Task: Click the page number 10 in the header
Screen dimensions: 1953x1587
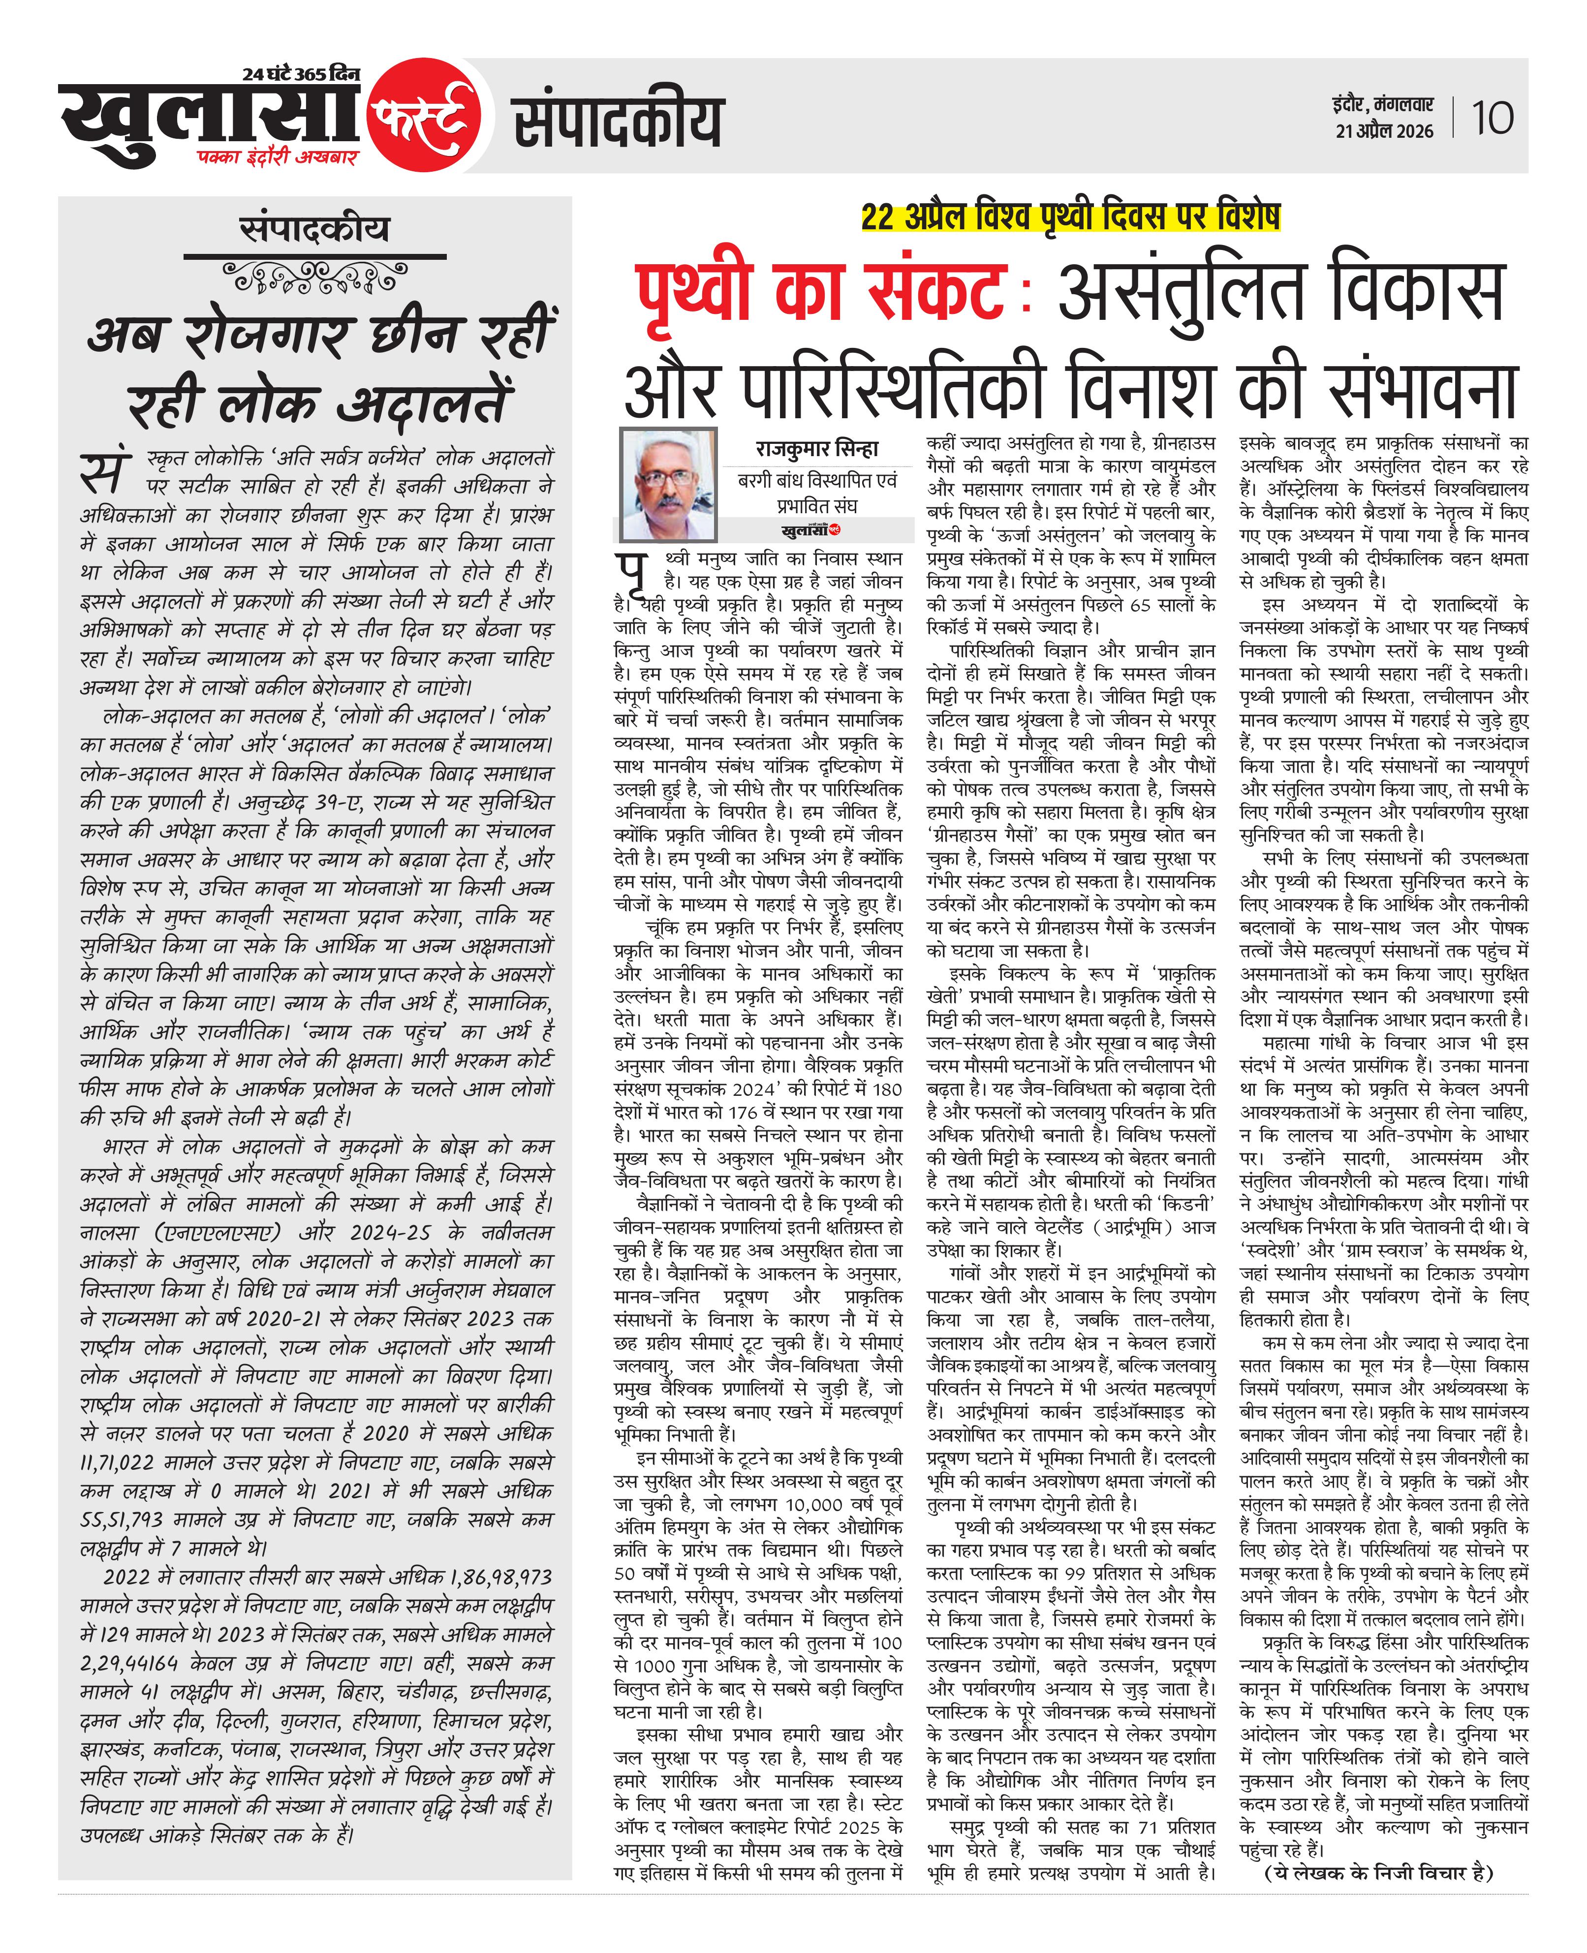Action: point(1492,118)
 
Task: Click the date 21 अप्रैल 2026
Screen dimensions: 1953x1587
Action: point(1384,131)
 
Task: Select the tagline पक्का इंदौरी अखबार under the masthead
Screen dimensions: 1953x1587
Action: point(277,157)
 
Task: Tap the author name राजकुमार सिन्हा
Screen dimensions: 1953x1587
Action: point(816,449)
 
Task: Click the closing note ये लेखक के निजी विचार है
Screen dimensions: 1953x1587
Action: point(1378,1873)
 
